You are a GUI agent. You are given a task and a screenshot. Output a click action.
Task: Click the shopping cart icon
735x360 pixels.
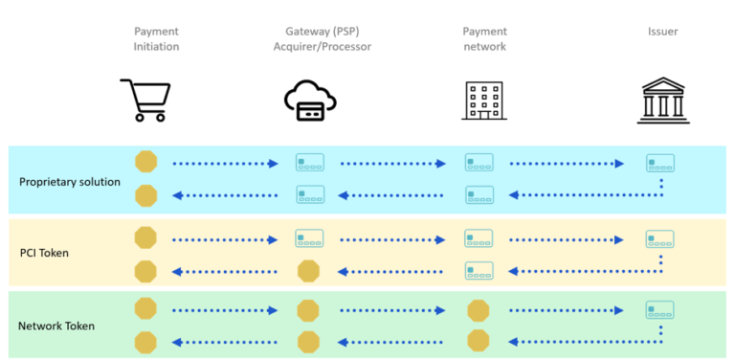click(145, 100)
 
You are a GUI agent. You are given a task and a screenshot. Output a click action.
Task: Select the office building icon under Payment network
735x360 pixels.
click(484, 101)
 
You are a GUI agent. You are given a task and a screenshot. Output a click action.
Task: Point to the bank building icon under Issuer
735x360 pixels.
click(663, 101)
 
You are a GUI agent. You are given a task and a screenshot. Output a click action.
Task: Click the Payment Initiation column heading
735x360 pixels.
click(156, 38)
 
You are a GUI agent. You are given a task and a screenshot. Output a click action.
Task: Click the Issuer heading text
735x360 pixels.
click(663, 32)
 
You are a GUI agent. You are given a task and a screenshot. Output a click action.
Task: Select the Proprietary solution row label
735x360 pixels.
click(70, 181)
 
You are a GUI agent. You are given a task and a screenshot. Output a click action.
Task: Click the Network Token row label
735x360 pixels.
click(55, 326)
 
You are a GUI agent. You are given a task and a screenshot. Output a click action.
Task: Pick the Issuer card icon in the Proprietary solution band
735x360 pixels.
click(660, 163)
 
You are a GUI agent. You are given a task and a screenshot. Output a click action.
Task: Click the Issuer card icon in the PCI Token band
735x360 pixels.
click(660, 238)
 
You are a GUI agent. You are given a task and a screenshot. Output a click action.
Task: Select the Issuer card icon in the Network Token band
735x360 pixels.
click(660, 309)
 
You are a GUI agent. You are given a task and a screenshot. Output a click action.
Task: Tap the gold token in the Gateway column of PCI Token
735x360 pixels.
click(308, 271)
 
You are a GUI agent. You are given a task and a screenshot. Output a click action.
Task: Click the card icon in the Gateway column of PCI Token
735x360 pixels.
click(309, 238)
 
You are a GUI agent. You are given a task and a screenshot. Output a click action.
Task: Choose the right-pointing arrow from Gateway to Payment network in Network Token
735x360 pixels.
click(393, 310)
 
